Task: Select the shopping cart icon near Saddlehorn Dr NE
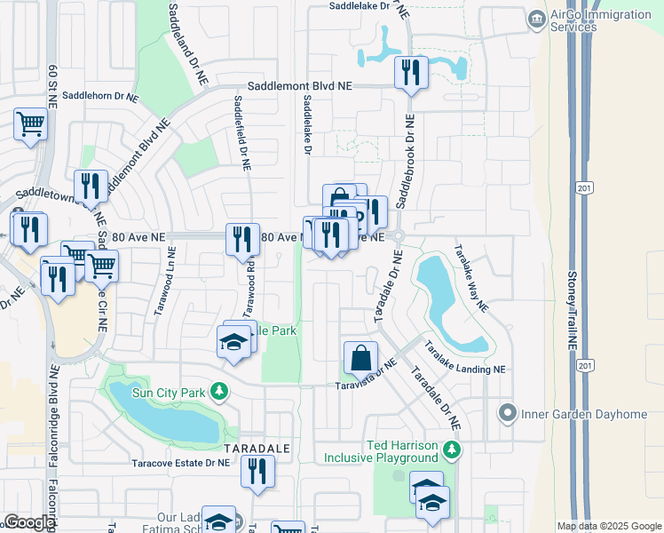[30, 124]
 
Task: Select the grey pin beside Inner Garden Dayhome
[508, 412]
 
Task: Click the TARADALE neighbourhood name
[257, 449]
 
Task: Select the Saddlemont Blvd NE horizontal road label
[299, 85]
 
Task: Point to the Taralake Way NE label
[470, 278]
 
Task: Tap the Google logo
[29, 522]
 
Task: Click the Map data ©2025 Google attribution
[609, 526]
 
